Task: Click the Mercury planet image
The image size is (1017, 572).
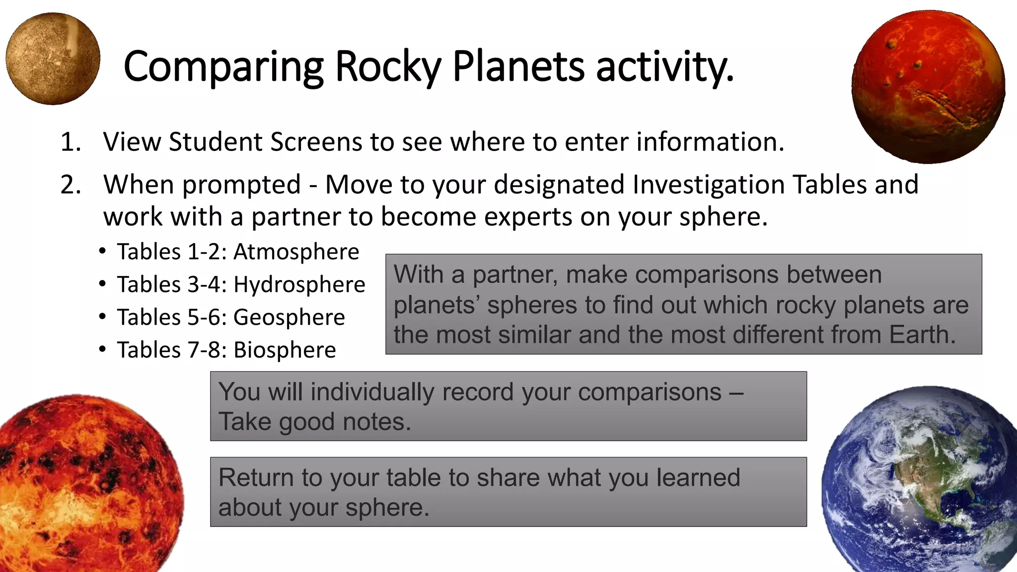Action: [x=53, y=59]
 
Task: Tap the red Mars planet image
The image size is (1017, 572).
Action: [x=928, y=87]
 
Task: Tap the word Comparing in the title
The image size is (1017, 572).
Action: [x=223, y=67]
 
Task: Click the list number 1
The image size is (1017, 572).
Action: [x=71, y=143]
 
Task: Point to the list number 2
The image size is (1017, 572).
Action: [x=71, y=185]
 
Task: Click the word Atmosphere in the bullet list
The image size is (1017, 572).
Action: [x=296, y=252]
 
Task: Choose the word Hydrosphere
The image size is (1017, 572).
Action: [x=299, y=285]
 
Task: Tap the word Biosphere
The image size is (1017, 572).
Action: [x=285, y=351]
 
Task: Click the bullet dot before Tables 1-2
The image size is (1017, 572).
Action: [x=102, y=251]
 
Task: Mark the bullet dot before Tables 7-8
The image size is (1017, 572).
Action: [x=102, y=350]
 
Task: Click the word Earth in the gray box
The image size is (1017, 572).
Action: [x=922, y=335]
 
